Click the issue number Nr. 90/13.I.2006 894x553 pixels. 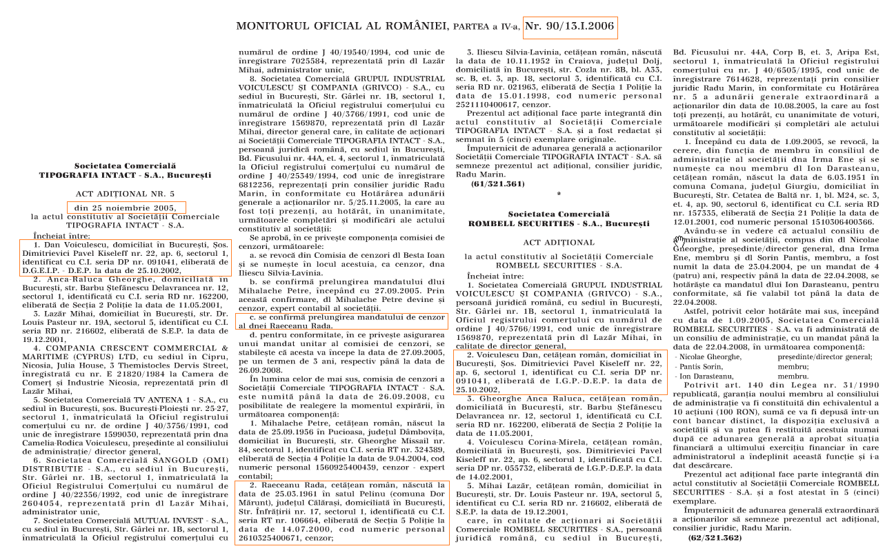[569, 27]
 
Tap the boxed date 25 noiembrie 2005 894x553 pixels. [126, 207]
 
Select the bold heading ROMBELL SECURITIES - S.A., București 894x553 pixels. [558, 224]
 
